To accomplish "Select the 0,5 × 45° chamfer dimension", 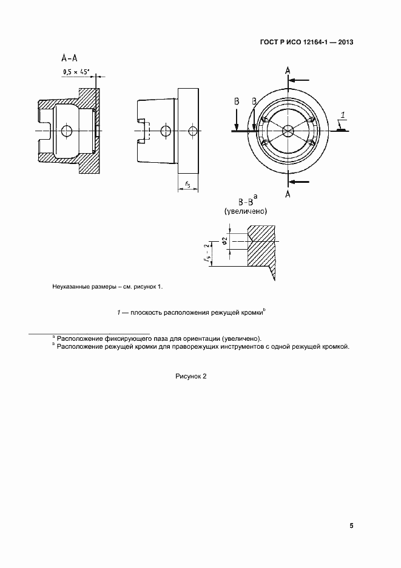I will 76,72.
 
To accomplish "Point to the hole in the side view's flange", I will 192,131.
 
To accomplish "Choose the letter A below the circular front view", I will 288,194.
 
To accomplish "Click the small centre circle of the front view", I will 288,130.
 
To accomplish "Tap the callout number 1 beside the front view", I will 343,115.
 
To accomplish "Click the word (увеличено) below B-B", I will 246,211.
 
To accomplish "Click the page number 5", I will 351,525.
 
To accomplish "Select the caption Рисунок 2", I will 191,376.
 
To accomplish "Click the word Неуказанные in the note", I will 73,286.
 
